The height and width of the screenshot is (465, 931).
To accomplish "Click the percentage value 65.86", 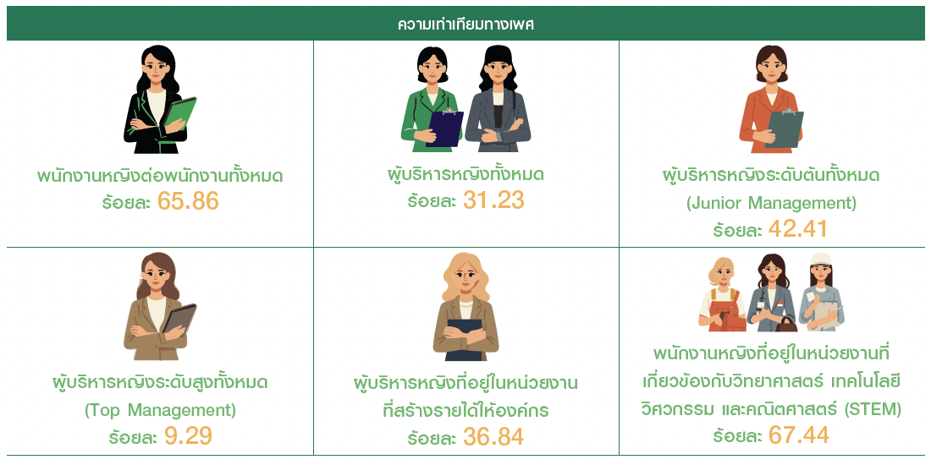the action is (188, 202).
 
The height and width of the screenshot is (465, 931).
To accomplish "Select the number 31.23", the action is (494, 200).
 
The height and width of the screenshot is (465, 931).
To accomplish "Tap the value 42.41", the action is (798, 229).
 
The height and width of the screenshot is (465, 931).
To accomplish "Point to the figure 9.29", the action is (188, 436).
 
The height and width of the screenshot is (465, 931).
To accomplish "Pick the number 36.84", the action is (494, 437).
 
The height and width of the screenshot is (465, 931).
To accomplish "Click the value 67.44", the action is (799, 435).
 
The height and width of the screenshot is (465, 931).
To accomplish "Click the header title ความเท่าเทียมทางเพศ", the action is (465, 25).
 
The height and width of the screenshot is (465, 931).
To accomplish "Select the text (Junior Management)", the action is (771, 204).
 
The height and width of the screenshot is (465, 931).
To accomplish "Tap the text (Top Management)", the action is (160, 410).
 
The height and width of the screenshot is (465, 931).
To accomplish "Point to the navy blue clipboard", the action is (444, 129).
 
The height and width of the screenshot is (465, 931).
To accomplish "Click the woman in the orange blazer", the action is (771, 98).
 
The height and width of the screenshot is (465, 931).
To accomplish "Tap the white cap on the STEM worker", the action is (821, 260).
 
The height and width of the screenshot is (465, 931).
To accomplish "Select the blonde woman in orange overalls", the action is (722, 294).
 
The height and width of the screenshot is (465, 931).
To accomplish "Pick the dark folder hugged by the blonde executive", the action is (465, 339).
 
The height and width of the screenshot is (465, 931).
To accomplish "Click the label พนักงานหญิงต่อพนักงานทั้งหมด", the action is (167, 177).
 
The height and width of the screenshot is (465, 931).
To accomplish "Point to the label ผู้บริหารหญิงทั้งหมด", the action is (465, 175).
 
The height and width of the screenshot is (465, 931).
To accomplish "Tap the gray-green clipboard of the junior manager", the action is (785, 129).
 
